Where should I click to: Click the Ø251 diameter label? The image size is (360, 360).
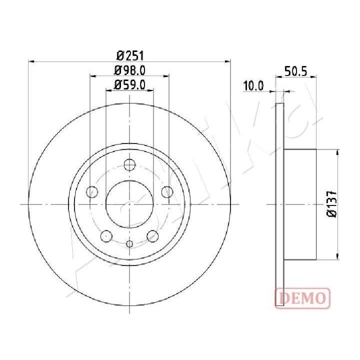(x=130, y=56)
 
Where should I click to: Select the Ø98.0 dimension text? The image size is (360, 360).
(x=129, y=70)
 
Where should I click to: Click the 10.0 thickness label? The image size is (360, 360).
(x=253, y=86)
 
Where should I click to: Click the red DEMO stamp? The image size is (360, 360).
(x=302, y=298)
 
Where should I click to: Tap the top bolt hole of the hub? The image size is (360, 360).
(x=129, y=164)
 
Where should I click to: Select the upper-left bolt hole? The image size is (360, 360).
(x=92, y=191)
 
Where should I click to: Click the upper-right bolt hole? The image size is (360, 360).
(x=167, y=191)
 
